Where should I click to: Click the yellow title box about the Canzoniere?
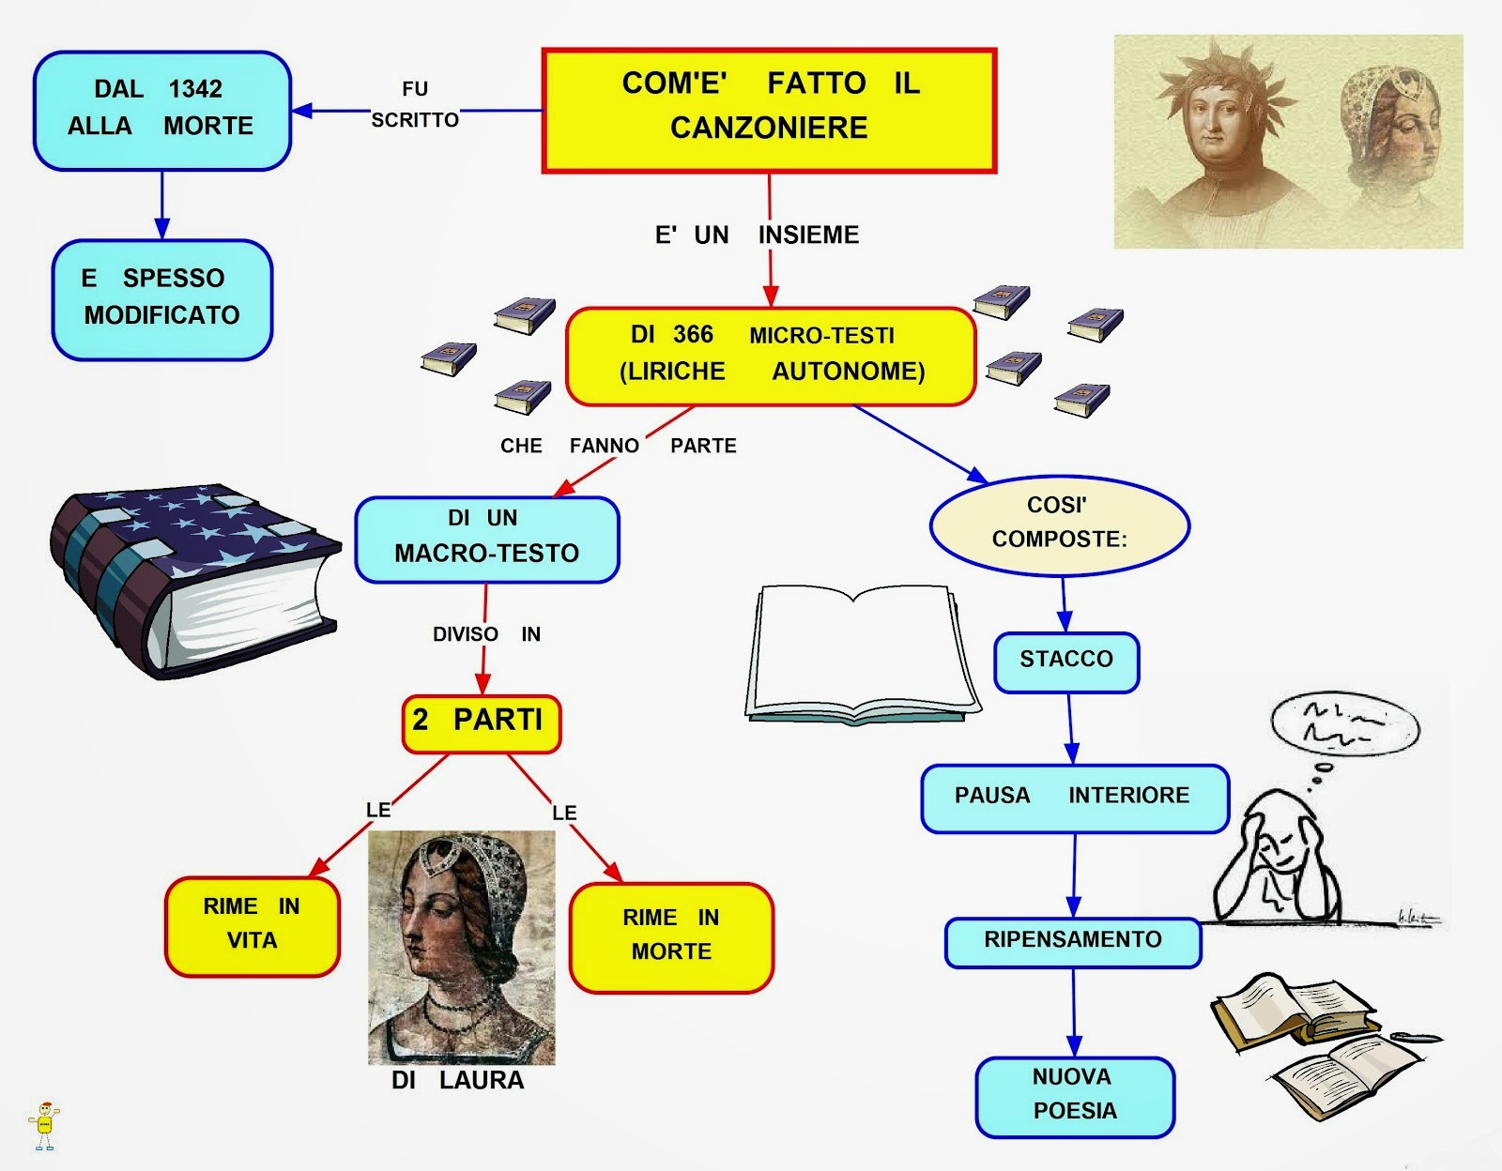click(x=769, y=111)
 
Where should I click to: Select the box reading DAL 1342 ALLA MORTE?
click(x=161, y=111)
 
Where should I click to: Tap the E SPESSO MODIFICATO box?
click(x=161, y=299)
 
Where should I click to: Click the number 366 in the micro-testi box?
click(x=693, y=335)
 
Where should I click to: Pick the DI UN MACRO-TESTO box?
click(x=486, y=540)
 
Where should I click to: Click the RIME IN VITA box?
click(x=252, y=926)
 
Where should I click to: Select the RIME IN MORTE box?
click(x=671, y=936)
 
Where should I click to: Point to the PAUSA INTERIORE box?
click(x=1074, y=798)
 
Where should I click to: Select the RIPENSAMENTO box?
click(x=1073, y=941)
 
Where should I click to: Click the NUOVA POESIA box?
click(x=1075, y=1096)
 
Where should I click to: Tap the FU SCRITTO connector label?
click(x=415, y=104)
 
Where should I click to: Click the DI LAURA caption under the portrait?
click(x=458, y=1081)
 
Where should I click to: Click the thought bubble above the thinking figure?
click(x=1344, y=724)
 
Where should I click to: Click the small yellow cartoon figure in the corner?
click(x=44, y=1125)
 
